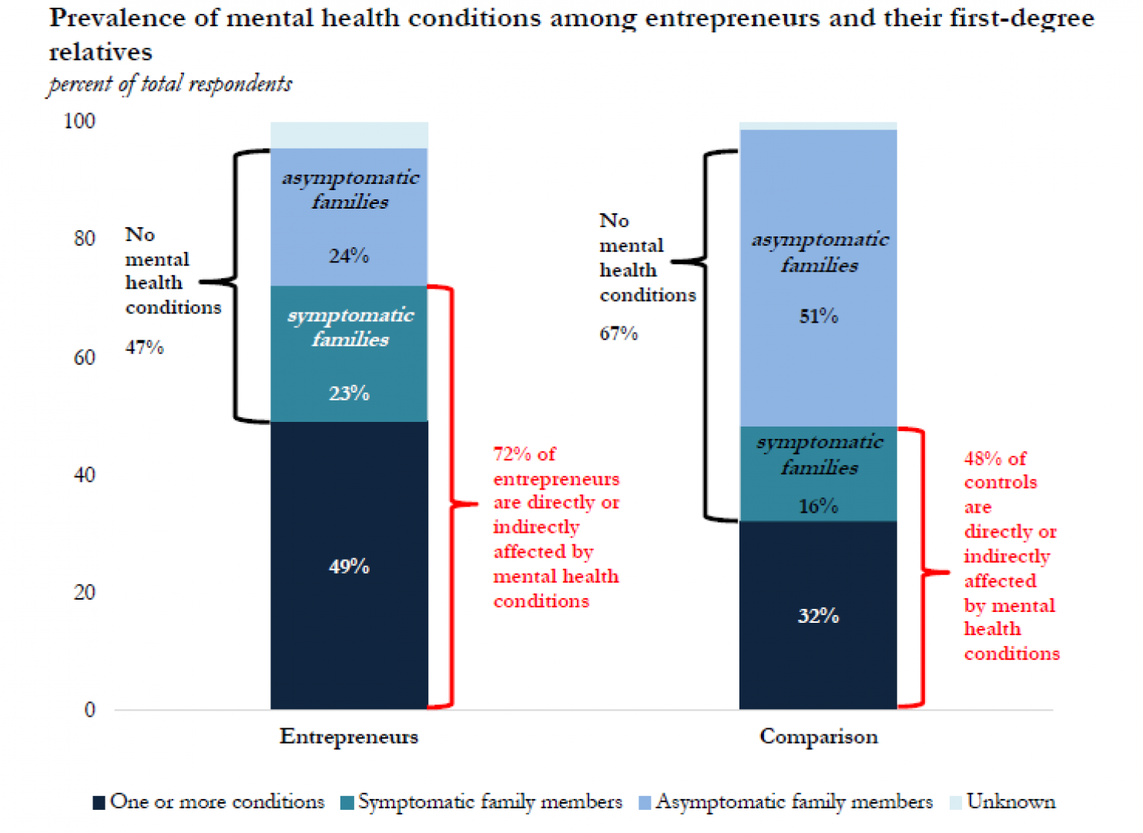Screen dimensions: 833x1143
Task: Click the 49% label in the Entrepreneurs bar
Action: tap(349, 567)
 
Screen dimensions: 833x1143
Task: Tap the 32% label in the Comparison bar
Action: tap(818, 616)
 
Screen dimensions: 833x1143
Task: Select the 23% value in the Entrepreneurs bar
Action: tap(349, 393)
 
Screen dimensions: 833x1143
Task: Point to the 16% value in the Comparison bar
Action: tap(818, 506)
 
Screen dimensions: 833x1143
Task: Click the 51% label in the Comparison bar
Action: tap(818, 316)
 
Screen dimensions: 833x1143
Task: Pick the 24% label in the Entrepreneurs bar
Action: tap(349, 256)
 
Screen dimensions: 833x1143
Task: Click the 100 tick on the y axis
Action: tap(79, 121)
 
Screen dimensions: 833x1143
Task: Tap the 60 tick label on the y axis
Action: tap(85, 357)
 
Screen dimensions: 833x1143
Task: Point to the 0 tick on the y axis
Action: tap(90, 710)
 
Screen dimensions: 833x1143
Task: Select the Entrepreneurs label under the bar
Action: tap(349, 737)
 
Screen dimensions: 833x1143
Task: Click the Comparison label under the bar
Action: tap(819, 737)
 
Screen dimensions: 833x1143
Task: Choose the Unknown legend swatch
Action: tap(956, 803)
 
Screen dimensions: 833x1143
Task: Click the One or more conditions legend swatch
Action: tap(99, 803)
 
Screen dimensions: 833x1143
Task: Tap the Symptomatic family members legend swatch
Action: tap(347, 803)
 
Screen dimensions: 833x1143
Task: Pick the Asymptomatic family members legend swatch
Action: tap(645, 803)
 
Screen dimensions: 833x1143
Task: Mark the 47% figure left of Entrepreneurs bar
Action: tap(145, 347)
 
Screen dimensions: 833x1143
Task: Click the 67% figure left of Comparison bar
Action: tap(618, 333)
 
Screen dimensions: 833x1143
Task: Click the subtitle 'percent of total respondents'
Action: tap(170, 84)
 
